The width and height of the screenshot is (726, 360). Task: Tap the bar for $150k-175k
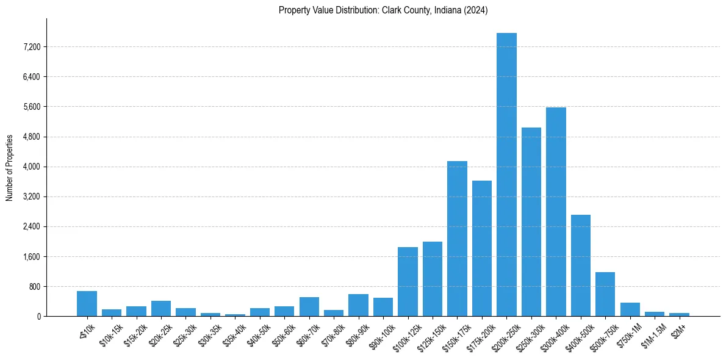[x=457, y=239]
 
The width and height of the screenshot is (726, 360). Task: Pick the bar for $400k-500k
[x=580, y=265]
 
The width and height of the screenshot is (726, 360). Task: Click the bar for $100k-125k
[x=408, y=281]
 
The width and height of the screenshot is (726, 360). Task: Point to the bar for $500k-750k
[x=605, y=294]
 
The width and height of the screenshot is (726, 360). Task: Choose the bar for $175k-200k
[x=481, y=248]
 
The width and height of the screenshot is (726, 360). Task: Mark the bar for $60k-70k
[x=309, y=306]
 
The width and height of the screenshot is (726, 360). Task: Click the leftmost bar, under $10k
[x=87, y=303]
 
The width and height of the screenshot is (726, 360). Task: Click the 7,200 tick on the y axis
[x=31, y=47]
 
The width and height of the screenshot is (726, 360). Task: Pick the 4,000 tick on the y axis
[x=31, y=167]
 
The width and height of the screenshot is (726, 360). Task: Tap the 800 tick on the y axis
[x=33, y=287]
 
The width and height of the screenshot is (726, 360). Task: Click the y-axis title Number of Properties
[x=10, y=167]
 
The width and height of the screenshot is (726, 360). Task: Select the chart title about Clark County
[x=383, y=10]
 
